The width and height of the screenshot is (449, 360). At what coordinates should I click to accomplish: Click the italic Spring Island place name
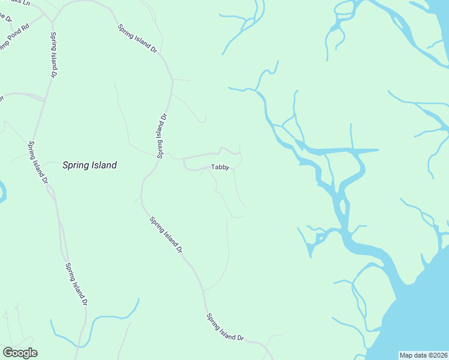89,165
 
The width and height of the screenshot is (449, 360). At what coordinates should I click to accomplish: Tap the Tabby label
220,167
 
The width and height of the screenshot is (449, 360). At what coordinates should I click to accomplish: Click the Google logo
20,353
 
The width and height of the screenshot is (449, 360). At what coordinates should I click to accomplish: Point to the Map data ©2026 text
423,355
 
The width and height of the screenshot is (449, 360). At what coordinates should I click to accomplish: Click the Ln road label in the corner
23,2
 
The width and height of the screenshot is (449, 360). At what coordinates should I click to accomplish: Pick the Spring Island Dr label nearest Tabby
161,136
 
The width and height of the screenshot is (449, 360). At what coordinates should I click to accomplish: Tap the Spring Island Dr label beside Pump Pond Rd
53,55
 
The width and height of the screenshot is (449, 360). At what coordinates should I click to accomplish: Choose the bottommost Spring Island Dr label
225,327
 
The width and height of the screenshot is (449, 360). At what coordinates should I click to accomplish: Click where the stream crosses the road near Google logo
77,347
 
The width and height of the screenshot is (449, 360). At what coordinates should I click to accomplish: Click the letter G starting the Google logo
8,353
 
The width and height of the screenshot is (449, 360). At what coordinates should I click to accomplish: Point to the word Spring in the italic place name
75,165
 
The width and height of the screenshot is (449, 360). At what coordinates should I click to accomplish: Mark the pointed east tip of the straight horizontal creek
378,149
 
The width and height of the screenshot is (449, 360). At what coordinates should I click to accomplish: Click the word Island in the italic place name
103,165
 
